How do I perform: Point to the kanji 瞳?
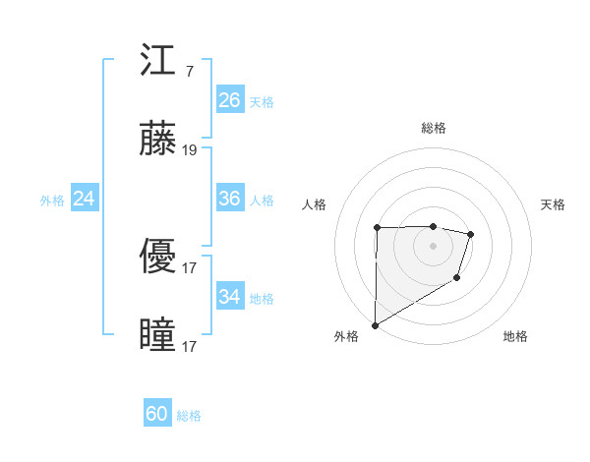point(158,334)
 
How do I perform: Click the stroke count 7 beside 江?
point(189,73)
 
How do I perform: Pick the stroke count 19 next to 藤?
point(190,150)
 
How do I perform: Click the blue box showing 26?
point(230,100)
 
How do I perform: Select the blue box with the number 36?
point(230,199)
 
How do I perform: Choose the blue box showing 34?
point(230,296)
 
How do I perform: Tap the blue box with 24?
point(85,199)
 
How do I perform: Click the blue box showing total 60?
point(157,414)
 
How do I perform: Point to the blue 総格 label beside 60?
point(189,416)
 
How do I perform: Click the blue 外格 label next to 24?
point(52,201)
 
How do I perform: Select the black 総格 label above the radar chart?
point(433,128)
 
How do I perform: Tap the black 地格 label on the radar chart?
point(515,336)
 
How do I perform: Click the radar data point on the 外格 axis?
point(375,324)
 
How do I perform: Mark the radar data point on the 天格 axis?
point(471,234)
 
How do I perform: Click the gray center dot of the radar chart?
point(433,246)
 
